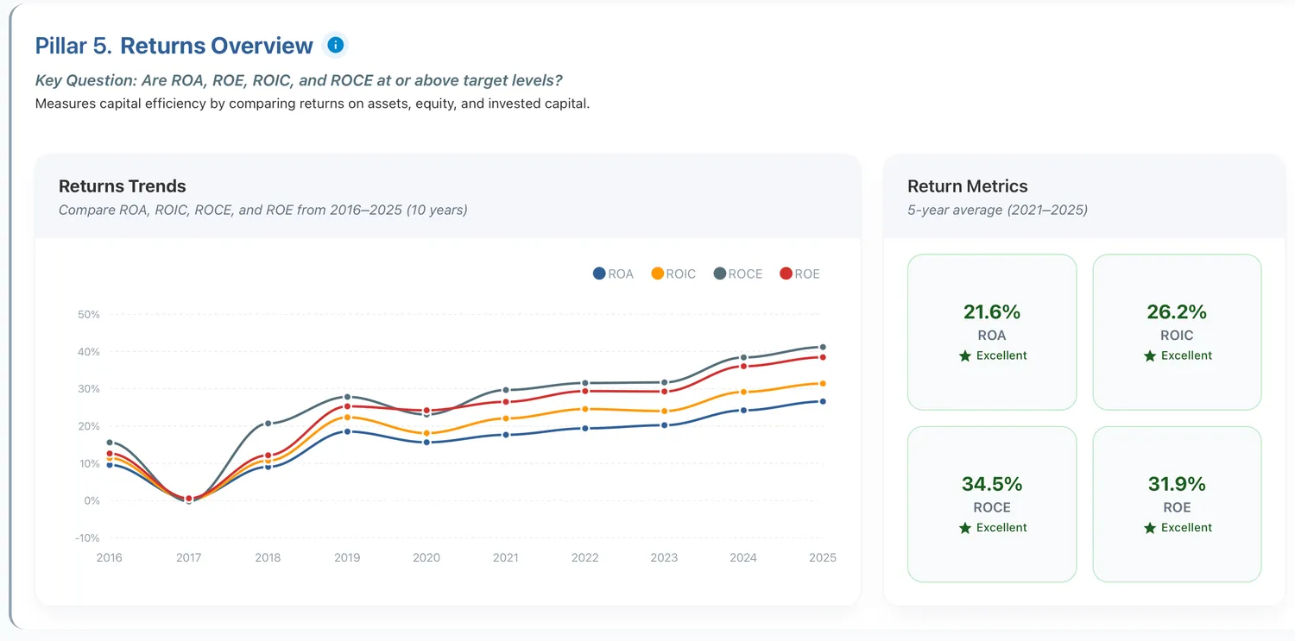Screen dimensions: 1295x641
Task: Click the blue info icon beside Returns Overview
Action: (335, 45)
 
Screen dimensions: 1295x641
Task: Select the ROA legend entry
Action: (613, 273)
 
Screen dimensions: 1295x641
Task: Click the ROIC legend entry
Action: (673, 273)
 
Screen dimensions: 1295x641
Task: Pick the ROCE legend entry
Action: (738, 273)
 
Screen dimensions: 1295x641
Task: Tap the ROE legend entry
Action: (800, 273)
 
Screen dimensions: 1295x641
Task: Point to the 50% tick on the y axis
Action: (88, 315)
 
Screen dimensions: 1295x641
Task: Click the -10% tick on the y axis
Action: (87, 538)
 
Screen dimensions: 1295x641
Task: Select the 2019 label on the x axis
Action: (347, 558)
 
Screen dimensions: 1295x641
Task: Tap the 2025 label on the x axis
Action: (823, 558)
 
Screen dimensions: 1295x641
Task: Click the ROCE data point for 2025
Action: (823, 347)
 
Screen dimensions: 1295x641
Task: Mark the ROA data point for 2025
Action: (823, 401)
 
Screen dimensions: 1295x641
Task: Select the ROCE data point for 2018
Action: (268, 424)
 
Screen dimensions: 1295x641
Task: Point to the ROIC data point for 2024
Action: (743, 393)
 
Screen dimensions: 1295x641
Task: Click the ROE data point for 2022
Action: (585, 391)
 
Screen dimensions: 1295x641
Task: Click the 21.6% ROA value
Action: (992, 311)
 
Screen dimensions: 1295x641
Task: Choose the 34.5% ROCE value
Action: (992, 484)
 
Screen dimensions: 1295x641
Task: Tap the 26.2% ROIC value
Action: (1177, 311)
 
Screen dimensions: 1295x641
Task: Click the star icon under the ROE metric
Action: (1150, 528)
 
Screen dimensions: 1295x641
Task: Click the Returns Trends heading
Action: (122, 186)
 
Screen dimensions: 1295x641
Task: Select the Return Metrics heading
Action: (967, 186)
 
